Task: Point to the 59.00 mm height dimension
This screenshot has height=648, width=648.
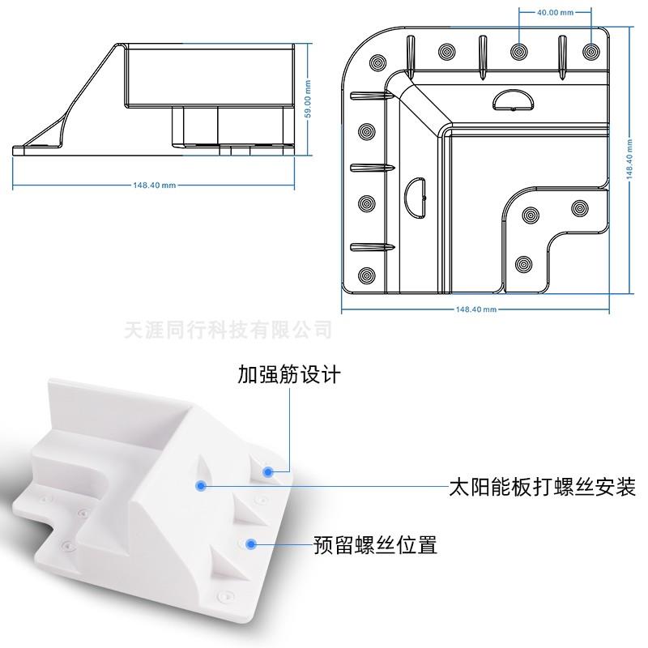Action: tap(308, 100)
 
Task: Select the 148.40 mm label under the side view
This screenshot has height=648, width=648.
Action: tap(154, 185)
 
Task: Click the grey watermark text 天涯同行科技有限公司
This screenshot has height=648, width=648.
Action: tap(229, 330)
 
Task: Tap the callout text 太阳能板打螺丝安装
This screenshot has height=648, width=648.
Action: tap(542, 488)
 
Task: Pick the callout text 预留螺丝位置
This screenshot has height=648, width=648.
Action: tap(376, 545)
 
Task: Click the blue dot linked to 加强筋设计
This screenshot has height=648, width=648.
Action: tap(267, 470)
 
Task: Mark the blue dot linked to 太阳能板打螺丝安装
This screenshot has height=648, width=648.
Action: tap(199, 485)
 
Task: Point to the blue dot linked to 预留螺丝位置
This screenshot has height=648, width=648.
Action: tap(251, 544)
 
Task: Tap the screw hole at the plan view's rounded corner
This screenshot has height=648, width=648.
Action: tap(378, 61)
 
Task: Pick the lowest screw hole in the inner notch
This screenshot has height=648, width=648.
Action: tap(523, 264)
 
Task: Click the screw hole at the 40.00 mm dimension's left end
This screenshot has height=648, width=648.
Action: tap(518, 50)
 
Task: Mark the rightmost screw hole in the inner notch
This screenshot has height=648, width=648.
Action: tap(578, 208)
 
